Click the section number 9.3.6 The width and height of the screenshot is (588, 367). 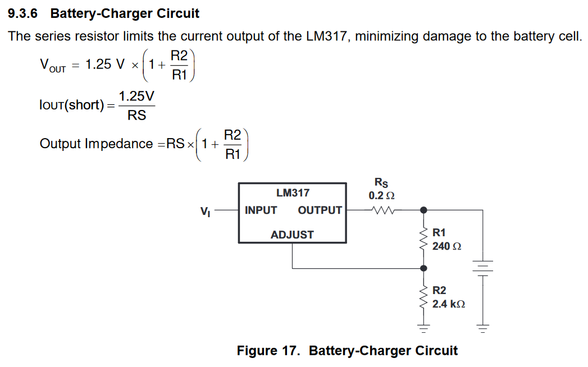click(x=25, y=13)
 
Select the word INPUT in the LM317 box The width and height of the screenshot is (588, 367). click(x=261, y=210)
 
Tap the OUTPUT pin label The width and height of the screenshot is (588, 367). click(x=320, y=210)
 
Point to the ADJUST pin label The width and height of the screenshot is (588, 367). click(x=292, y=235)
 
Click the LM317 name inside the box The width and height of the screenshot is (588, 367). click(x=293, y=193)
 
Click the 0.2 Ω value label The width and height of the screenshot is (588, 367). click(x=381, y=196)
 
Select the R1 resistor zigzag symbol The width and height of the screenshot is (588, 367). click(x=423, y=238)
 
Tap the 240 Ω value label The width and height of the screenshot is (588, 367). click(x=446, y=246)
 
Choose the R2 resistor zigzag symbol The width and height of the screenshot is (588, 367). click(x=423, y=296)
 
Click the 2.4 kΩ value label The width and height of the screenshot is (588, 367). click(x=449, y=304)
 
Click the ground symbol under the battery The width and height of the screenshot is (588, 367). click(x=482, y=326)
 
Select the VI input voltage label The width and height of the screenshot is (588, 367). click(x=205, y=212)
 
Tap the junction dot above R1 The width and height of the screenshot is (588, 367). click(x=423, y=210)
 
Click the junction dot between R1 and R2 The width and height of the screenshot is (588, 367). click(x=423, y=268)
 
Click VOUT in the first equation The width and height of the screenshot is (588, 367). click(x=52, y=65)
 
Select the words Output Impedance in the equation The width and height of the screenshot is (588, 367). click(x=96, y=144)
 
